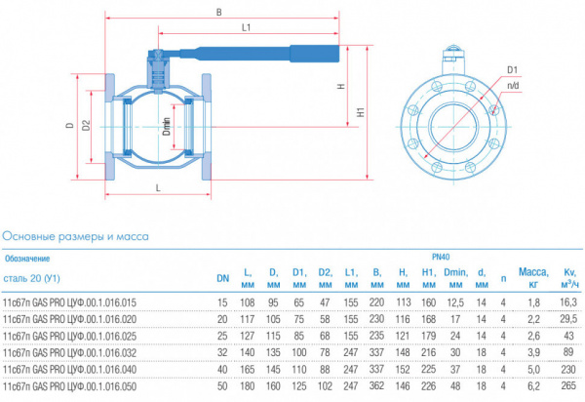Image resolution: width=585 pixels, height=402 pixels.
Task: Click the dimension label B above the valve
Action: tap(219, 13)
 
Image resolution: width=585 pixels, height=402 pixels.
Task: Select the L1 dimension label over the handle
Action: tap(247, 27)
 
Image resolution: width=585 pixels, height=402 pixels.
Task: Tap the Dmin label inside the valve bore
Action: tap(167, 127)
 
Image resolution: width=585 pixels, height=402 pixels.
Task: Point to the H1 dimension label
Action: tap(361, 112)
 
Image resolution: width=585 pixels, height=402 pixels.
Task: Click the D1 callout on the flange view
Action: tap(512, 70)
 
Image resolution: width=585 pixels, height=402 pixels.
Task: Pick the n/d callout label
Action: tap(513, 86)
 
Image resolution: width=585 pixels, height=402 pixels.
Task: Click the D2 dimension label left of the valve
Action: tap(86, 126)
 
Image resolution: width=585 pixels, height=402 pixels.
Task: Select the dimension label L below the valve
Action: tap(158, 188)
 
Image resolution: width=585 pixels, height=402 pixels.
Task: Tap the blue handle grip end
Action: tap(315, 54)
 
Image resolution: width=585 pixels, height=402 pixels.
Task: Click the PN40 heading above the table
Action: tap(441, 258)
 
